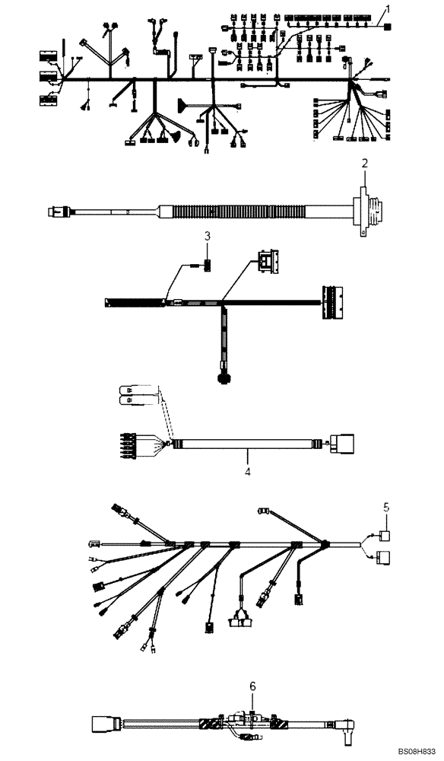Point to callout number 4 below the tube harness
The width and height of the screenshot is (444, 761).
(246, 472)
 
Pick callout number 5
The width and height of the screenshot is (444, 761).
(385, 505)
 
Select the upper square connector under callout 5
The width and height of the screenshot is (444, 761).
(385, 536)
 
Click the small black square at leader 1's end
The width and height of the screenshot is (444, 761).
(388, 27)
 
